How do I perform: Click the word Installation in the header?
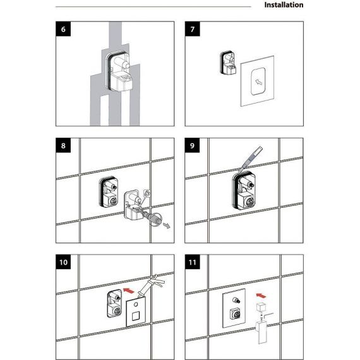(284, 5)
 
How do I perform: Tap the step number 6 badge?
(63, 29)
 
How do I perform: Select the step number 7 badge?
(193, 29)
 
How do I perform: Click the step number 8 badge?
(63, 145)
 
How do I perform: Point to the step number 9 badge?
(193, 145)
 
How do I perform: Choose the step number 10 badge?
(63, 262)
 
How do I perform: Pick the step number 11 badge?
(193, 262)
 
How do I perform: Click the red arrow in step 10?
(129, 291)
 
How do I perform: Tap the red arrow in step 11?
(261, 296)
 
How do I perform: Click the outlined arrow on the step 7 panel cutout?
(259, 82)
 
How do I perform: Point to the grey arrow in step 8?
(167, 225)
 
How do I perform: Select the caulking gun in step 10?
(150, 285)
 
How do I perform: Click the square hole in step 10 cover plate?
(135, 316)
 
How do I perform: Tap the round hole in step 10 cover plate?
(136, 304)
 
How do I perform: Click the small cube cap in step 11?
(261, 307)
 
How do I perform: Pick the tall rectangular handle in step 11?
(261, 332)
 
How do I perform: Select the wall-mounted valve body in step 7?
(228, 63)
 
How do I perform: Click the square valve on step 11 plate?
(236, 313)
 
